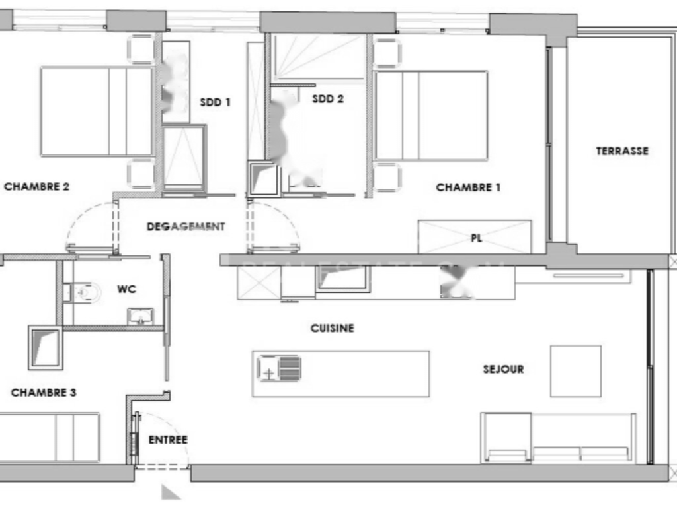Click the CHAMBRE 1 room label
click(x=468, y=187)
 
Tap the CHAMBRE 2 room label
click(x=37, y=186)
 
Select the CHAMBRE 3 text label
click(x=44, y=393)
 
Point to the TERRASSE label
click(x=622, y=151)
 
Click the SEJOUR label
click(x=503, y=369)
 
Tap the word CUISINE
click(x=333, y=328)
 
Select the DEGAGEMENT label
click(x=186, y=226)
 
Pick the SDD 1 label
click(x=215, y=102)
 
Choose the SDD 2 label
click(x=328, y=99)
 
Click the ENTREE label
click(x=168, y=440)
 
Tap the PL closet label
click(x=476, y=238)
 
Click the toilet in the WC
click(x=85, y=290)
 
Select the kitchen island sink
click(x=279, y=368)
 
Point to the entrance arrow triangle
click(x=171, y=491)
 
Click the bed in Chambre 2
click(x=97, y=111)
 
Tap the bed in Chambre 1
click(x=431, y=116)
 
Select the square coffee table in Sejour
click(x=575, y=371)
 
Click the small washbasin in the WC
click(x=140, y=316)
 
